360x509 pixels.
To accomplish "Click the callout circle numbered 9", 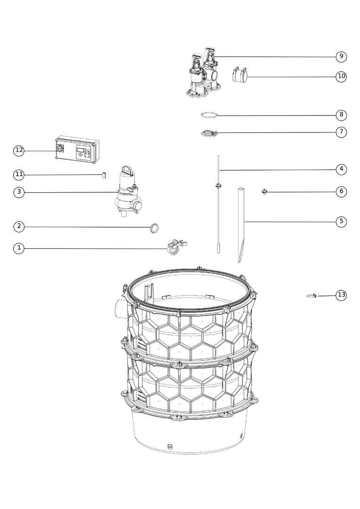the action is [x=341, y=57].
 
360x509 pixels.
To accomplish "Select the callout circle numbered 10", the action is [x=341, y=76].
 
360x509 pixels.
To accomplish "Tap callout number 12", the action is [x=19, y=150].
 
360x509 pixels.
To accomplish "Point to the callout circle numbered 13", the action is [x=341, y=295].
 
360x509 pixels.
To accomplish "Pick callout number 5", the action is [x=341, y=222].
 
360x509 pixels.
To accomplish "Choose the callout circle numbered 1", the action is [x=19, y=248].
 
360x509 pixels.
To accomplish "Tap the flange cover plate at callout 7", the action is [x=209, y=133].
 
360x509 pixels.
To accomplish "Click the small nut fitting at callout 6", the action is [x=264, y=191].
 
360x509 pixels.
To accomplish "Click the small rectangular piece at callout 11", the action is [x=104, y=175].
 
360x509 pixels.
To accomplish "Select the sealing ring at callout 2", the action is [x=155, y=228].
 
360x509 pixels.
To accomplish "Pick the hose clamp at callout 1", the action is [x=176, y=247].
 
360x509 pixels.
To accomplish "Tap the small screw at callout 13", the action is [x=312, y=296].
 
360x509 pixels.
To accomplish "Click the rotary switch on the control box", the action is [x=59, y=148].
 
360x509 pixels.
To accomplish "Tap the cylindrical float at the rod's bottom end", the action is [x=219, y=248].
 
